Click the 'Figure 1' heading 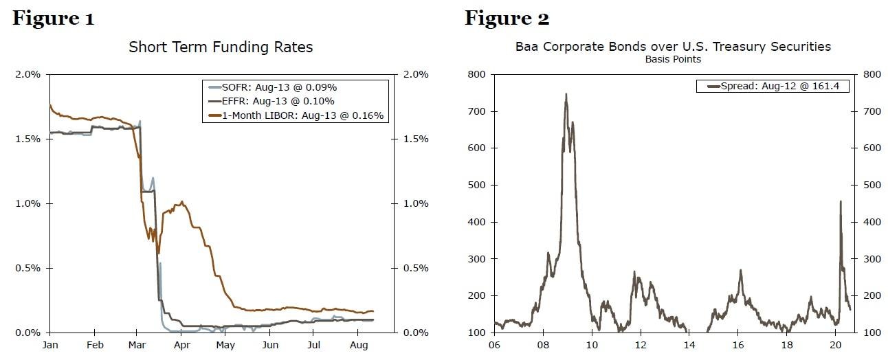pos(53,18)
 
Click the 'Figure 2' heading pos(507,18)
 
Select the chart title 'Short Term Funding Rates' pos(221,47)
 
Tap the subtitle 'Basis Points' pos(672,59)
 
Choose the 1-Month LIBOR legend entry pos(298,116)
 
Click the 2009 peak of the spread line pos(566,94)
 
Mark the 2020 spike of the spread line pos(840,201)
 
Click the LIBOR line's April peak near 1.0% pos(182,202)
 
